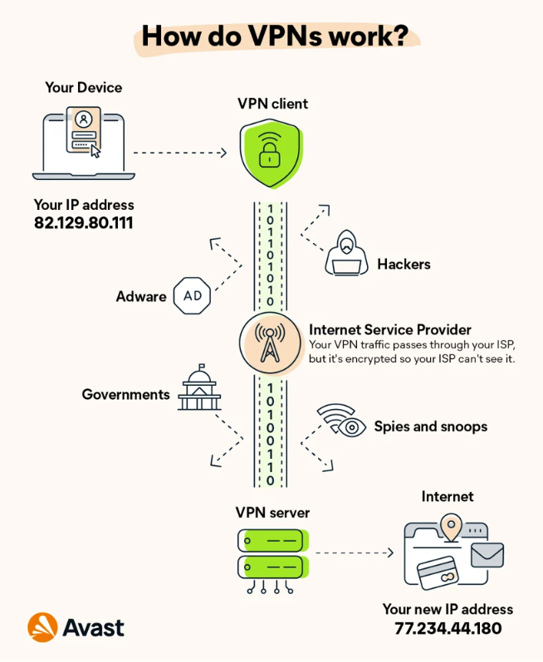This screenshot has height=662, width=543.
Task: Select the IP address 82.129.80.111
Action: click(x=84, y=223)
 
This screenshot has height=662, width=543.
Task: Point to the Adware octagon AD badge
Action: click(x=191, y=296)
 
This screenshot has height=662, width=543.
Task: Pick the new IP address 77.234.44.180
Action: click(x=448, y=628)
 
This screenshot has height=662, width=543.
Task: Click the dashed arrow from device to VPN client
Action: click(x=179, y=153)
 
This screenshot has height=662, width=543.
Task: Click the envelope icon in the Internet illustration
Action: click(x=487, y=554)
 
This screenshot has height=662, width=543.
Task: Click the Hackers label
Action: click(x=404, y=264)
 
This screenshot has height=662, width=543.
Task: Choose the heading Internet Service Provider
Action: click(x=390, y=329)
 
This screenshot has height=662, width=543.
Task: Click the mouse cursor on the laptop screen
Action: click(x=95, y=151)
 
